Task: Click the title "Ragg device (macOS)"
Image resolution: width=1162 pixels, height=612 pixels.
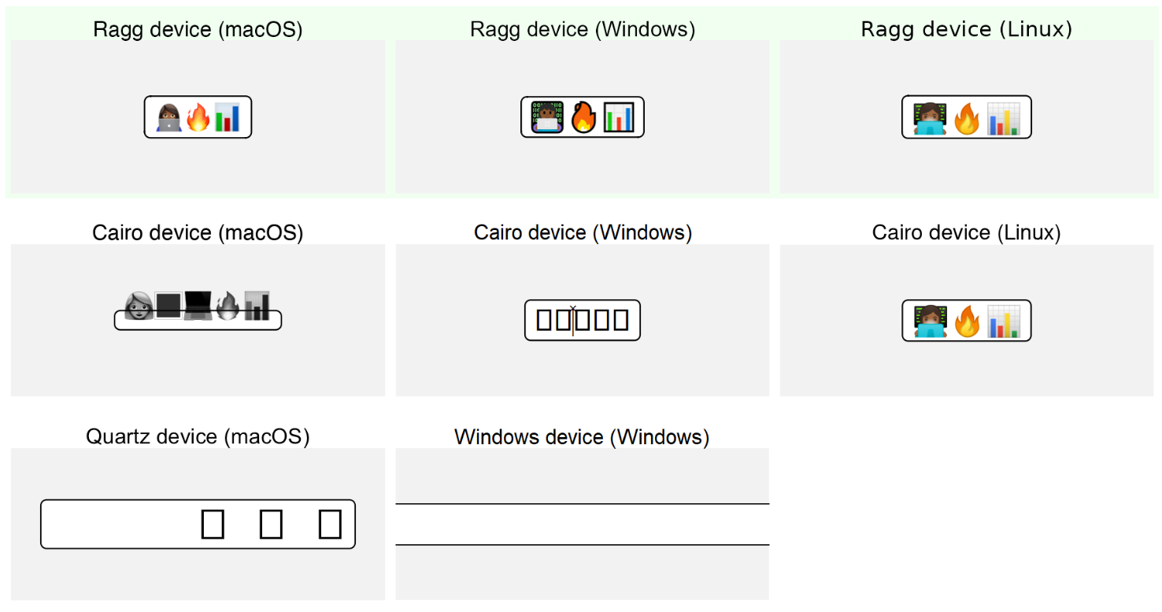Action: (x=198, y=30)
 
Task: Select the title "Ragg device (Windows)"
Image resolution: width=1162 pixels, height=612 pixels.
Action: (x=583, y=30)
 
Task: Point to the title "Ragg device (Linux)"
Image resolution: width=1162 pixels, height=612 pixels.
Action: (x=966, y=30)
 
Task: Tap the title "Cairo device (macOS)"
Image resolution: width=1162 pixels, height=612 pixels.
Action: (x=198, y=233)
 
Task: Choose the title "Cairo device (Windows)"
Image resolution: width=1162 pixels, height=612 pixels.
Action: (x=583, y=233)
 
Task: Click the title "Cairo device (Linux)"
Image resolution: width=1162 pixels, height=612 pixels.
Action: (x=966, y=233)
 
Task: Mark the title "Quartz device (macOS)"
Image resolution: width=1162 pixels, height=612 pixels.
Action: (x=198, y=437)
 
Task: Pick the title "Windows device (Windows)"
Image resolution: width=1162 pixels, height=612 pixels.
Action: (x=582, y=437)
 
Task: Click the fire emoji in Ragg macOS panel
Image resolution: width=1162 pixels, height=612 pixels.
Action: (x=198, y=117)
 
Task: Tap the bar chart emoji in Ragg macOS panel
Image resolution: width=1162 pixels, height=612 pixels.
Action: (x=227, y=117)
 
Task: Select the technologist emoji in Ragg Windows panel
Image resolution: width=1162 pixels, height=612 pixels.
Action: (x=546, y=117)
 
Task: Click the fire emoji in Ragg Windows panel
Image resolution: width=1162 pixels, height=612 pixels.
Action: (x=583, y=117)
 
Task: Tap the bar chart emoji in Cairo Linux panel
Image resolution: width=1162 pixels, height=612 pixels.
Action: (x=1003, y=321)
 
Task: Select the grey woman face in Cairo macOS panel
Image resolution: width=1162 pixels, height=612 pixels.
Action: (x=139, y=306)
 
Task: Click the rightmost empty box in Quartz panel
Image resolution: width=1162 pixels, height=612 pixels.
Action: (x=330, y=524)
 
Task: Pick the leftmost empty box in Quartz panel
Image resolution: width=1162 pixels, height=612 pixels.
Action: (x=213, y=524)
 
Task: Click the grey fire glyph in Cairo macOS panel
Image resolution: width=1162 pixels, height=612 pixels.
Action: (x=228, y=306)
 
